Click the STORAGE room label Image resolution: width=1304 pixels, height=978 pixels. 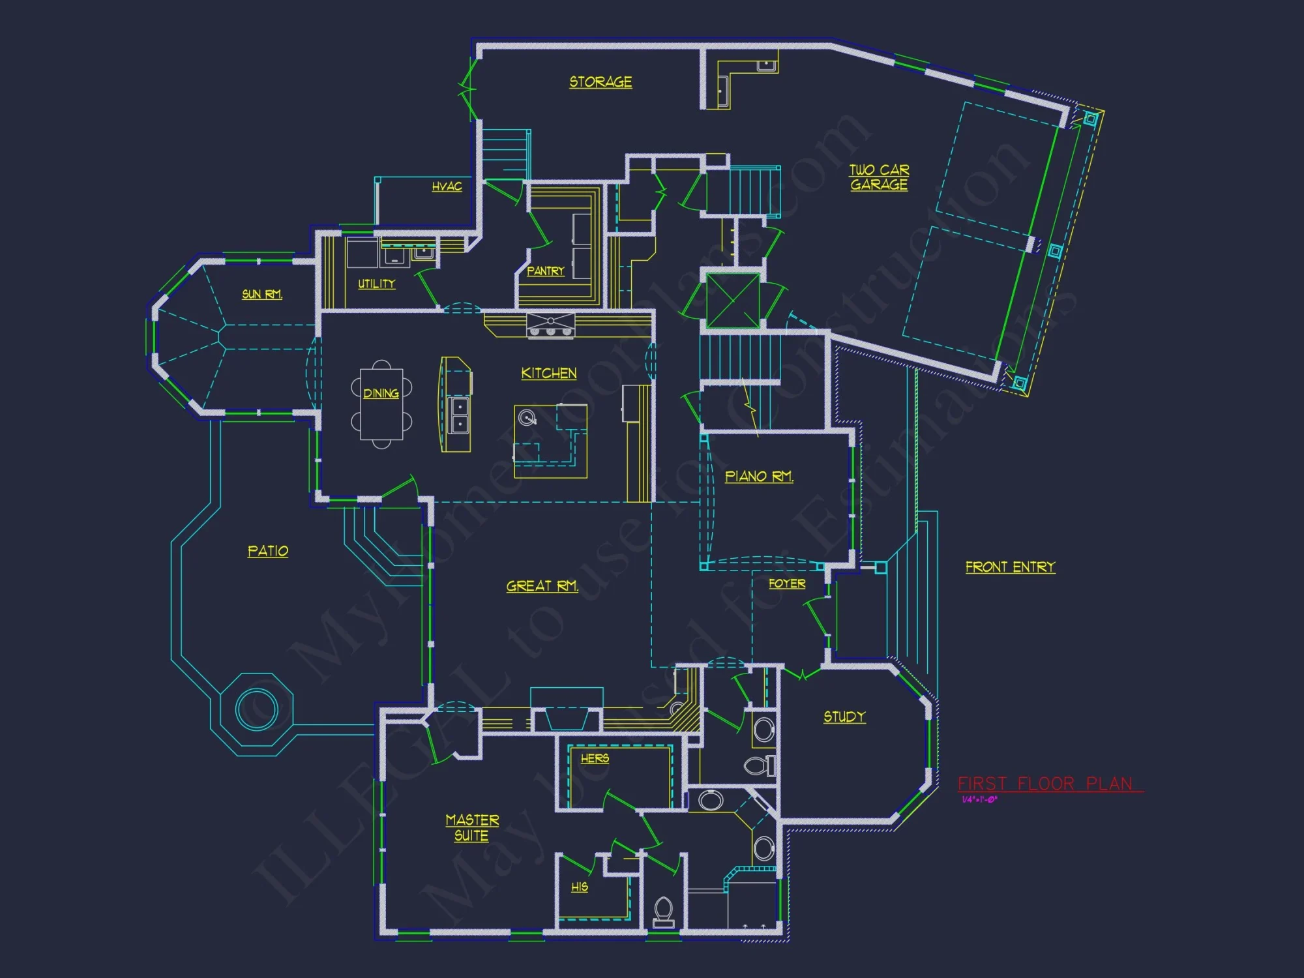[600, 82]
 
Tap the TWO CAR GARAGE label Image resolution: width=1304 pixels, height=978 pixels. [879, 177]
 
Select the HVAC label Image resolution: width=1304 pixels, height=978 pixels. [447, 186]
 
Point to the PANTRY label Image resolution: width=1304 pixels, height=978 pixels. [545, 271]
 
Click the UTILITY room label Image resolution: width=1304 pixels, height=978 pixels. [376, 284]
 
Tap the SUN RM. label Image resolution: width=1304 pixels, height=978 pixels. [261, 294]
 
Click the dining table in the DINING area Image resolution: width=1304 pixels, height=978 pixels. [381, 404]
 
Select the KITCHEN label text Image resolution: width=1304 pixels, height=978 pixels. [548, 373]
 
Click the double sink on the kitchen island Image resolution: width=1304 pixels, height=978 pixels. [460, 415]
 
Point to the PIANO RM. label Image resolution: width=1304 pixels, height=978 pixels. [759, 477]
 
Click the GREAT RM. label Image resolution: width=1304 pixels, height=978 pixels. [542, 586]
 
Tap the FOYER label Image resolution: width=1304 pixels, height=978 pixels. [787, 584]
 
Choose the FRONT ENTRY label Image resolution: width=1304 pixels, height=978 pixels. [1010, 567]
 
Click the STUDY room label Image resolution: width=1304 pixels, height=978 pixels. [844, 717]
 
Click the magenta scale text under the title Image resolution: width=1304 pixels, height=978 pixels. [979, 800]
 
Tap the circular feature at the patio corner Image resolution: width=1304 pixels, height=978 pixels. [256, 709]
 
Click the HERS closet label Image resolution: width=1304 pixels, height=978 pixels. [595, 758]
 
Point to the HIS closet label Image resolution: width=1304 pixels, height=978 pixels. [579, 887]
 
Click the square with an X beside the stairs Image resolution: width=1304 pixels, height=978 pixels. [733, 301]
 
